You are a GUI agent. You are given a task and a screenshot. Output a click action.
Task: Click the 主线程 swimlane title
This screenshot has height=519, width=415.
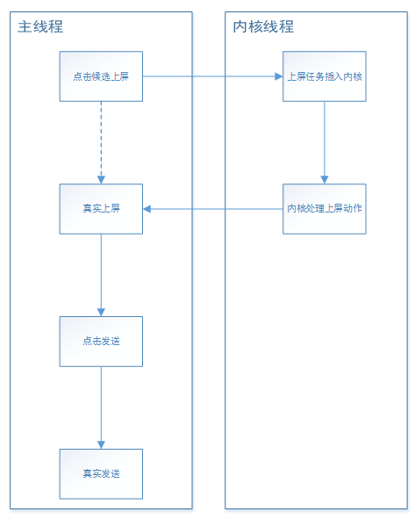tap(40, 26)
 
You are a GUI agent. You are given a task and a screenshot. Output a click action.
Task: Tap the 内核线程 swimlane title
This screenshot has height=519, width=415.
tap(263, 26)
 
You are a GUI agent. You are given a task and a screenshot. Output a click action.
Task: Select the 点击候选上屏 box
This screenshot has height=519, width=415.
tap(101, 76)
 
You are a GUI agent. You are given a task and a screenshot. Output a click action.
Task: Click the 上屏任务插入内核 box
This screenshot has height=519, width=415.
tap(325, 76)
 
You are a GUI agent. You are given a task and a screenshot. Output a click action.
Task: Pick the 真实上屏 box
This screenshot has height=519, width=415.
tap(101, 209)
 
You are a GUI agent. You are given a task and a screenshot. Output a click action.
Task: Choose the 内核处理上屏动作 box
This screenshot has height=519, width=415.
tap(325, 209)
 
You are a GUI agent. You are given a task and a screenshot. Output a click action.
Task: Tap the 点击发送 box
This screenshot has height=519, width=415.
tap(101, 342)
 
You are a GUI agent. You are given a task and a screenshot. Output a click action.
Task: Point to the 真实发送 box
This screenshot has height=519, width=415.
tap(101, 474)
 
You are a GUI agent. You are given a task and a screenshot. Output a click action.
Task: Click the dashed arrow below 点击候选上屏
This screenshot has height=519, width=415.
tap(101, 142)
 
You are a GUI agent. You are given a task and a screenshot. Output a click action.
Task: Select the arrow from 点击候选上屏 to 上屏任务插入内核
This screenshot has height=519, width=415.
tap(212, 76)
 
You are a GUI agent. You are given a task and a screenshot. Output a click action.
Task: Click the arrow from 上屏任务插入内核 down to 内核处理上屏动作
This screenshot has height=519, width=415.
tap(325, 142)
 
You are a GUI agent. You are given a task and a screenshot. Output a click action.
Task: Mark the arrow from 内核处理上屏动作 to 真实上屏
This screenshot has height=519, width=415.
tap(212, 209)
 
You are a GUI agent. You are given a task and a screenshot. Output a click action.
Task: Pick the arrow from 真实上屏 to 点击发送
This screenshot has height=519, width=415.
tap(101, 275)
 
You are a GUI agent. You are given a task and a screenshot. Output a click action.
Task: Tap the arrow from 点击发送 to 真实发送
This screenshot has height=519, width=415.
tap(101, 407)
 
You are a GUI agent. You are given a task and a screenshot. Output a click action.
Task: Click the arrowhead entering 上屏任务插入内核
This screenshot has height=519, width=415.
tap(279, 76)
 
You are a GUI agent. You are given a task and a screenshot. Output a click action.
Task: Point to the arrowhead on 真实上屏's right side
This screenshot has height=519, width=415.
tap(147, 209)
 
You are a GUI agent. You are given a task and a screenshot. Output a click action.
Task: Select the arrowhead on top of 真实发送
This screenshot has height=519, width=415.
tap(101, 445)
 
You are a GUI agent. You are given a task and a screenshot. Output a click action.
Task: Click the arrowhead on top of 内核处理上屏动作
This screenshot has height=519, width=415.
tap(325, 180)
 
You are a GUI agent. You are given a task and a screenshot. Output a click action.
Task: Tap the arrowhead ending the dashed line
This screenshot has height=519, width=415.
tap(101, 180)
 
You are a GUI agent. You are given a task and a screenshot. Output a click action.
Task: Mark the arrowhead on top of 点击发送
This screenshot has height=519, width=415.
tap(101, 313)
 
